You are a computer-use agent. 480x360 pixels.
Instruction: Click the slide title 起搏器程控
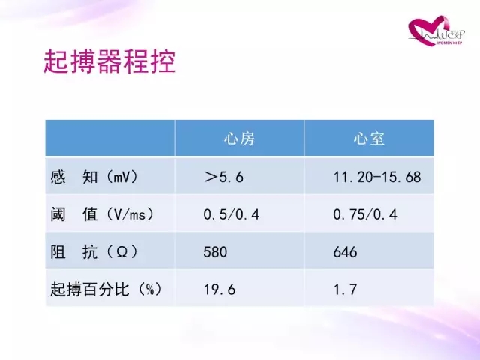click(x=109, y=61)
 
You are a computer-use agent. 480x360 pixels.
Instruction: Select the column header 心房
click(x=239, y=139)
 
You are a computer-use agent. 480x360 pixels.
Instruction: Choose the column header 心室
click(x=369, y=139)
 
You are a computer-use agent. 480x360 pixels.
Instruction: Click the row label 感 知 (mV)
click(x=94, y=177)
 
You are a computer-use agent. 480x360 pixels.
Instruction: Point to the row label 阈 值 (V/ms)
click(x=102, y=214)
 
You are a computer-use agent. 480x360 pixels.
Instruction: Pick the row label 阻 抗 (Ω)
click(x=94, y=252)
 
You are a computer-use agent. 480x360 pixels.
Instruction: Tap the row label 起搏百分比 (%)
click(x=106, y=289)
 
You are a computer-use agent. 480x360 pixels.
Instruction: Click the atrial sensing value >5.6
click(x=224, y=177)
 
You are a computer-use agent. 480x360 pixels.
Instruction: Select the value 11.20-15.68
click(x=377, y=177)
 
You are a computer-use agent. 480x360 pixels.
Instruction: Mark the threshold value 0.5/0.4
click(x=232, y=214)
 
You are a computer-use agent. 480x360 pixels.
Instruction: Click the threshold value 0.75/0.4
click(x=365, y=214)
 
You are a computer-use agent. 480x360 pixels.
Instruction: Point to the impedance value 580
click(x=215, y=252)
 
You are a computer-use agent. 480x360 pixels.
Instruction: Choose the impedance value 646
click(x=345, y=252)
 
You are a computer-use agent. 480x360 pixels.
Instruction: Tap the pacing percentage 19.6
click(x=220, y=289)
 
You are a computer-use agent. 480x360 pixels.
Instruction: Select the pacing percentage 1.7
click(x=345, y=289)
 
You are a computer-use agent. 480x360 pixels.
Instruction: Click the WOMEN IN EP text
click(x=448, y=43)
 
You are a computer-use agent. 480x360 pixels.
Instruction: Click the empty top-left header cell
click(x=110, y=138)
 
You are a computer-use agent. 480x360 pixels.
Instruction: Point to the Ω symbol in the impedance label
click(x=121, y=252)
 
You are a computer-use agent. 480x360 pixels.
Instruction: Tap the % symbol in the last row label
click(x=150, y=289)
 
